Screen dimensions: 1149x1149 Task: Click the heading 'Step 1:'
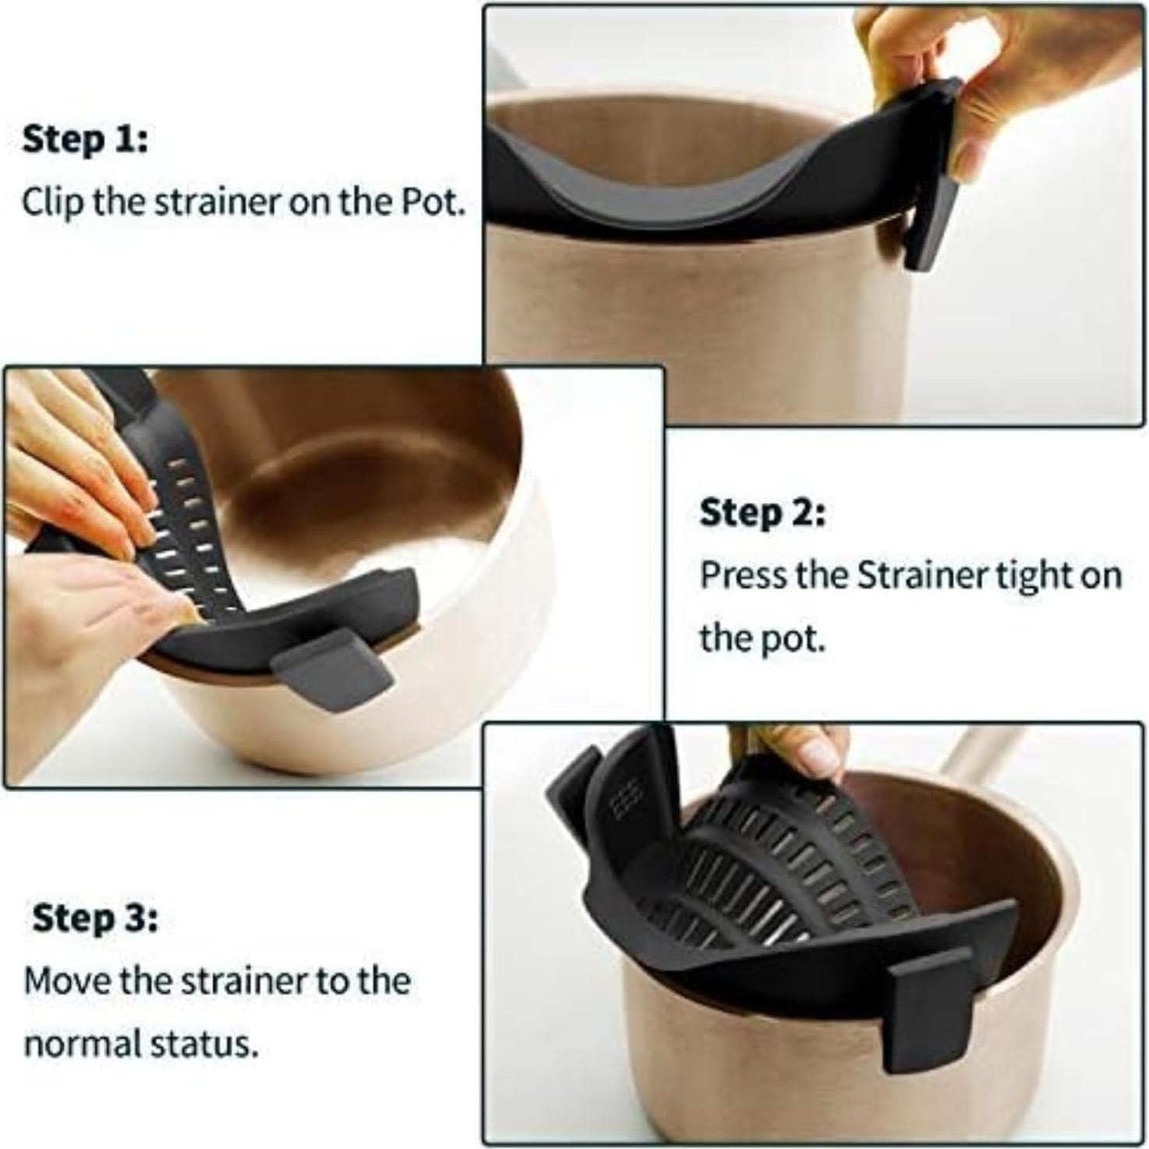pos(84,140)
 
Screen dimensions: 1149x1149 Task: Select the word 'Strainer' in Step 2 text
pos(923,576)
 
